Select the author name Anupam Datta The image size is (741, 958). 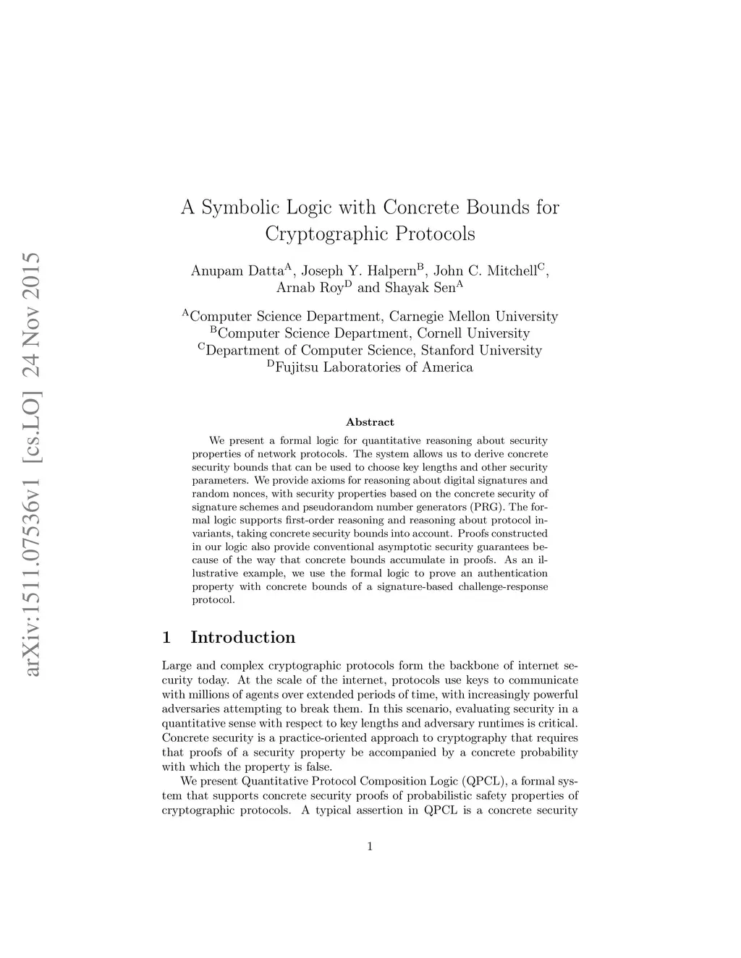coord(237,271)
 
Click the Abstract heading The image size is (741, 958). coord(370,422)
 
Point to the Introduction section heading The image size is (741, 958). coord(242,637)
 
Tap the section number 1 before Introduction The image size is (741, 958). coord(167,637)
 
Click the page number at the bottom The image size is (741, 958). coord(370,846)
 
